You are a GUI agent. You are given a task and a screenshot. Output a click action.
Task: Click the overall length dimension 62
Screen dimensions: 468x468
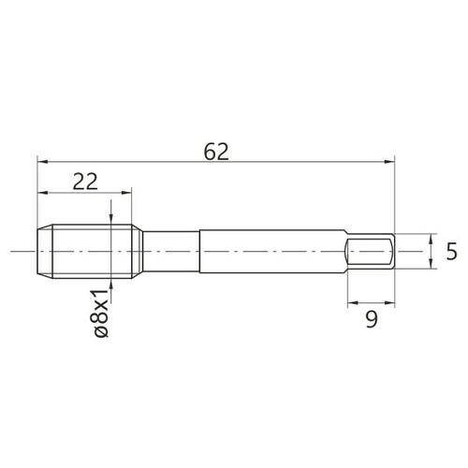point(216,152)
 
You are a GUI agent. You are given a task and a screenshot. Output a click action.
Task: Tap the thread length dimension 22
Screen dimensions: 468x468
point(85,182)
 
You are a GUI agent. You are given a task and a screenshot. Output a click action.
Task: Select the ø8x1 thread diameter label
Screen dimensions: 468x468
point(101,314)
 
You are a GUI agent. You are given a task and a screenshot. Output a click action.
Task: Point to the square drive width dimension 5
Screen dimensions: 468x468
point(451,252)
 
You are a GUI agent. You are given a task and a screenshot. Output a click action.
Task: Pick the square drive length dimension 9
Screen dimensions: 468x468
point(372,319)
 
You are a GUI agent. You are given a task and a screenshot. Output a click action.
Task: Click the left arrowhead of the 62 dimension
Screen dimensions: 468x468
point(42,162)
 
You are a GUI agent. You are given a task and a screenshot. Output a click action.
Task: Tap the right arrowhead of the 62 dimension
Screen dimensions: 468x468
point(389,162)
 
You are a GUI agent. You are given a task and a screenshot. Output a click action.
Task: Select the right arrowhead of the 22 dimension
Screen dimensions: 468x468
point(126,193)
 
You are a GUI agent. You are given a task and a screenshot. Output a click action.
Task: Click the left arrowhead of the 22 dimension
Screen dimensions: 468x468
point(42,193)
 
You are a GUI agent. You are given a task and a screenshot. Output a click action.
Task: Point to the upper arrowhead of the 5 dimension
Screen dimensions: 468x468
point(431,239)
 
